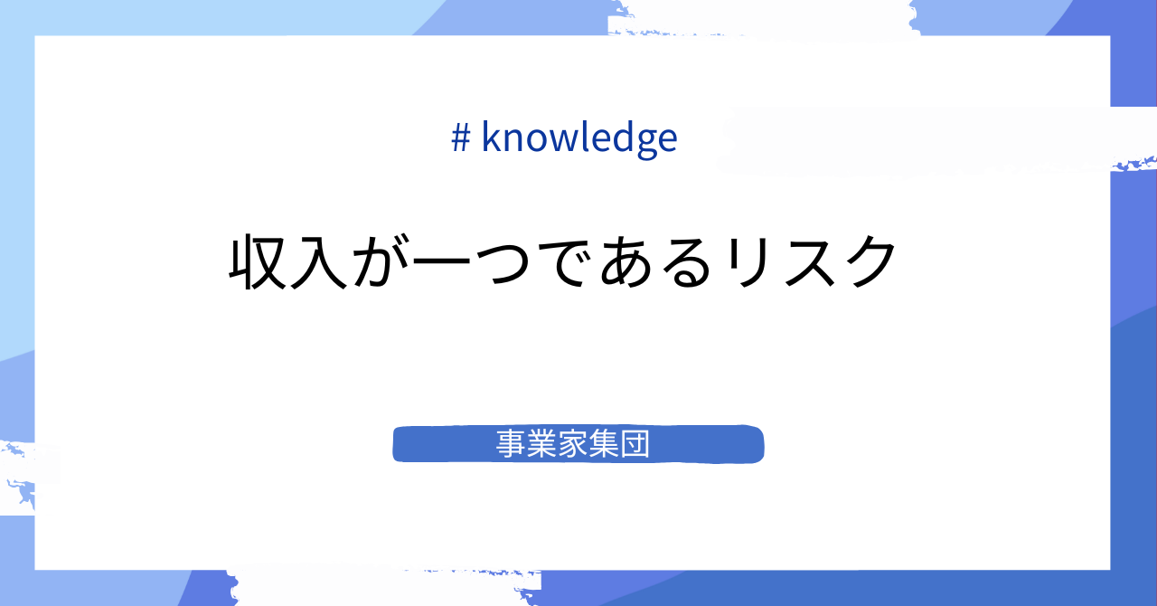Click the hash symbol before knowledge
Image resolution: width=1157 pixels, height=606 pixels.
(460, 137)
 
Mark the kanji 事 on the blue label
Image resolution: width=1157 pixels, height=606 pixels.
(512, 444)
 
